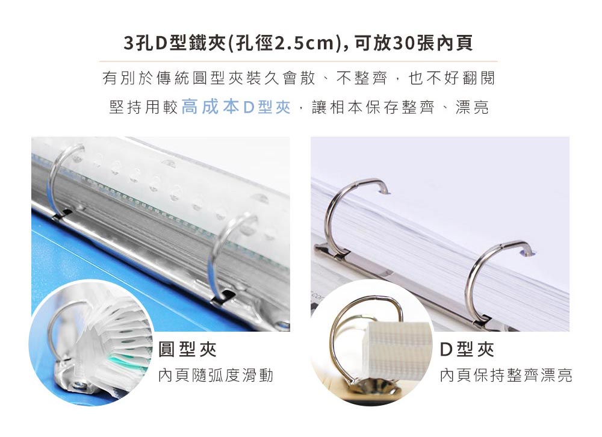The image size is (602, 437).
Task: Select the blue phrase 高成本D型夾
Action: [236, 107]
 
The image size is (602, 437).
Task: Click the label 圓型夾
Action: [188, 350]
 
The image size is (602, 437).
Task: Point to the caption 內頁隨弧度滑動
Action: [216, 375]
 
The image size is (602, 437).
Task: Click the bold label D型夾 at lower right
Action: [467, 350]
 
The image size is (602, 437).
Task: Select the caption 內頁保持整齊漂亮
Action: [506, 375]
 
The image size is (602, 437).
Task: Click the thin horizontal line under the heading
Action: [299, 61]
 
